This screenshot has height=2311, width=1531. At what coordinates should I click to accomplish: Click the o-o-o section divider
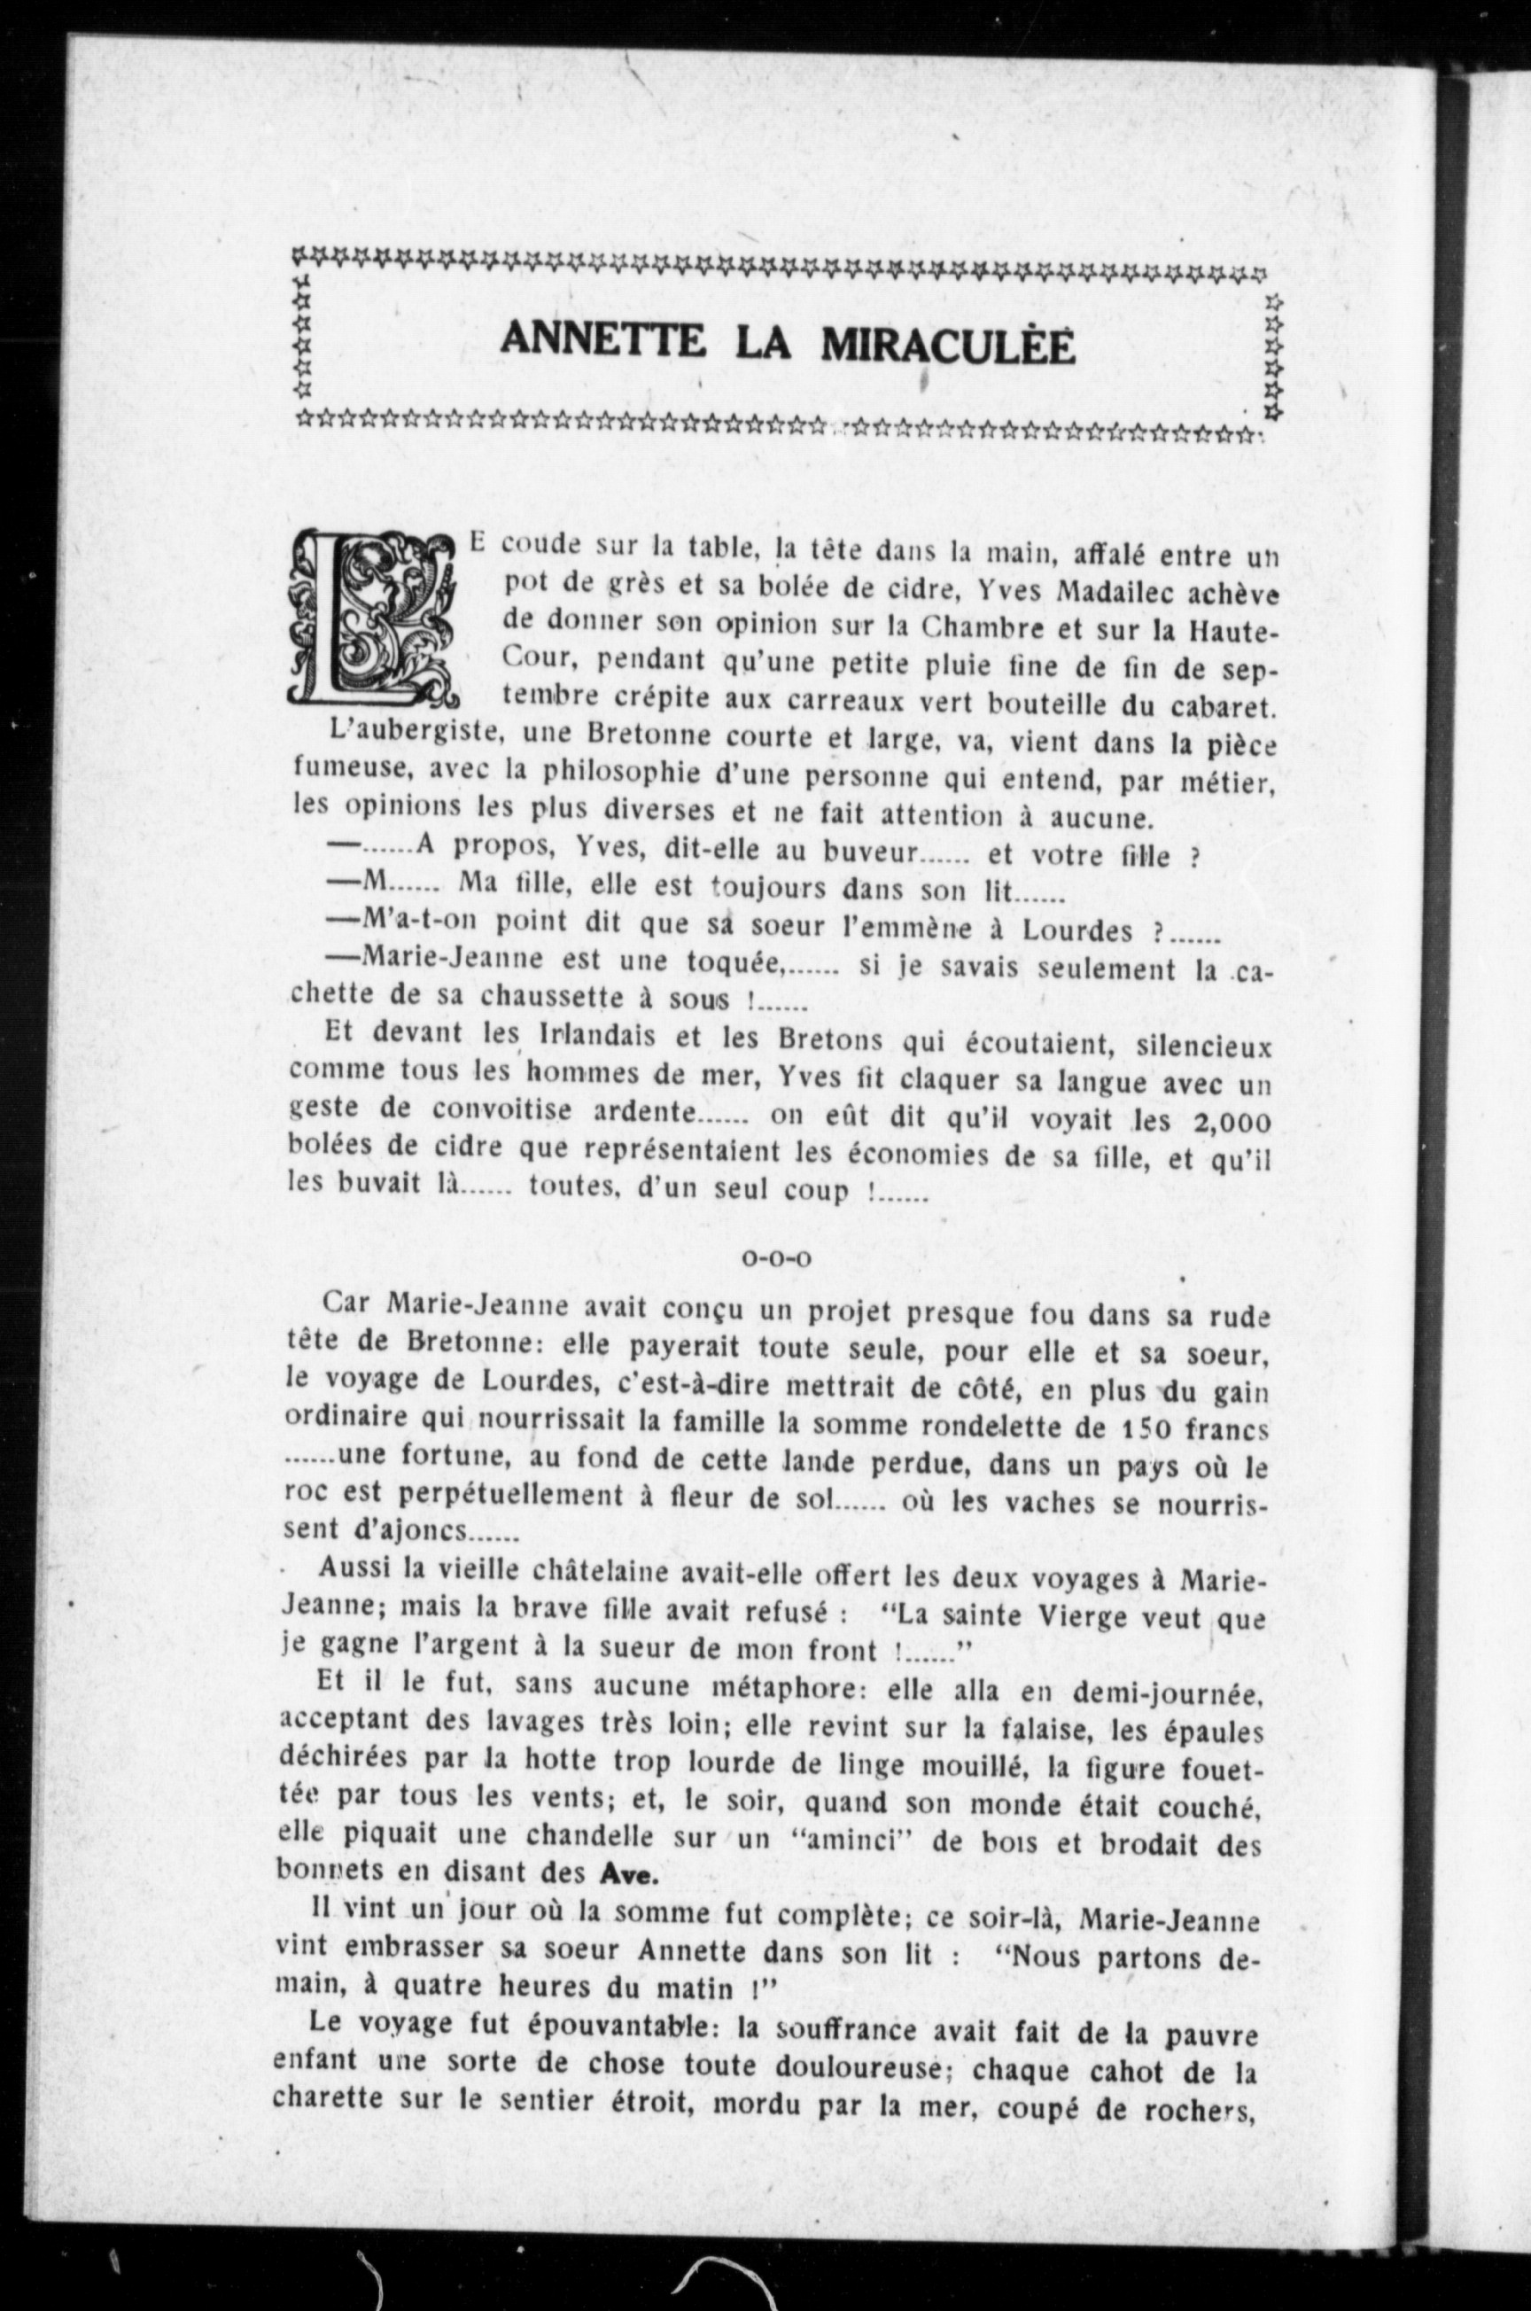(x=776, y=1258)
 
